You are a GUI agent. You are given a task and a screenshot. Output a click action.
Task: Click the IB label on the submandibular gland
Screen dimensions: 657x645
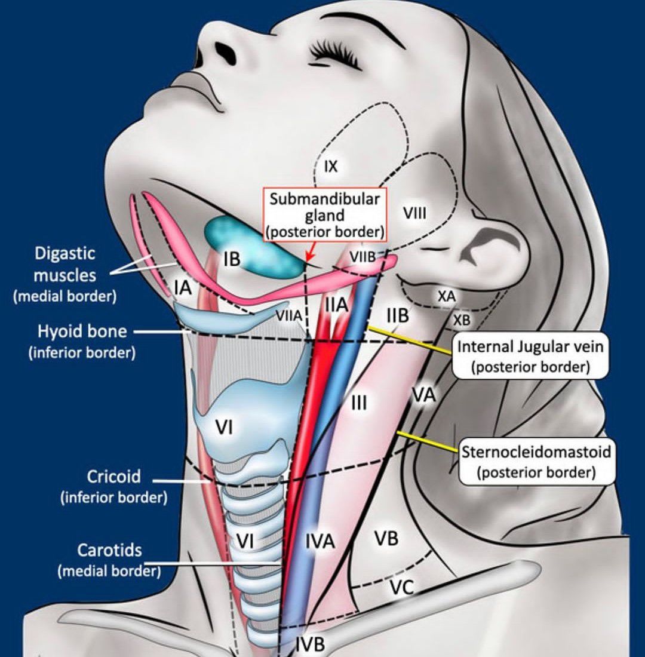tap(232, 259)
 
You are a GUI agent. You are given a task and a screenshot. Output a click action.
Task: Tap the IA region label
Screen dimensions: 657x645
tap(183, 288)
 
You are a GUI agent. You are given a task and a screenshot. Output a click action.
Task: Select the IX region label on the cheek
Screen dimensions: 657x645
tap(330, 167)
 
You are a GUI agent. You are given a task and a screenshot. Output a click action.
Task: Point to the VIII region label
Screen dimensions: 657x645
tap(415, 213)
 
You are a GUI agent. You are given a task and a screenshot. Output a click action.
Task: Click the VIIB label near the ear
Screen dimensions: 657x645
tap(363, 257)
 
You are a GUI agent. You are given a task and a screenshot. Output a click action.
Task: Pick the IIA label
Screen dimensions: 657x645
tap(336, 305)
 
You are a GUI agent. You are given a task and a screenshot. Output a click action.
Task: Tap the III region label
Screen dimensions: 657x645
tap(359, 404)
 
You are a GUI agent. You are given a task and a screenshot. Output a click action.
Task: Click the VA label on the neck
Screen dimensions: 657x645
tap(423, 395)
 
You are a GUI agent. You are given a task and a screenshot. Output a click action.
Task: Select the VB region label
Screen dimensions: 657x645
tap(386, 538)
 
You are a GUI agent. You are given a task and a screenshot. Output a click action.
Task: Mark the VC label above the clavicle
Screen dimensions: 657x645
tap(401, 588)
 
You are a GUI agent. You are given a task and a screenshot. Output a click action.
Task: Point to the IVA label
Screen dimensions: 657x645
tap(320, 542)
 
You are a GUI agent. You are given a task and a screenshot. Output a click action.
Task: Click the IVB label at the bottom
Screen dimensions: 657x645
tap(311, 644)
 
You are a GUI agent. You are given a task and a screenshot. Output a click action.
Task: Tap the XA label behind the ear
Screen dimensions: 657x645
tap(447, 296)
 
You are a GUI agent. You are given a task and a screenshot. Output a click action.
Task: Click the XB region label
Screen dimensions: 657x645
tap(462, 320)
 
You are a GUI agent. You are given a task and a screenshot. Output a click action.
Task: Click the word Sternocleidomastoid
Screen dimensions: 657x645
tap(536, 452)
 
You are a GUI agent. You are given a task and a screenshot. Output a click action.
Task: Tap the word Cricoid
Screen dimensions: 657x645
tap(114, 477)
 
